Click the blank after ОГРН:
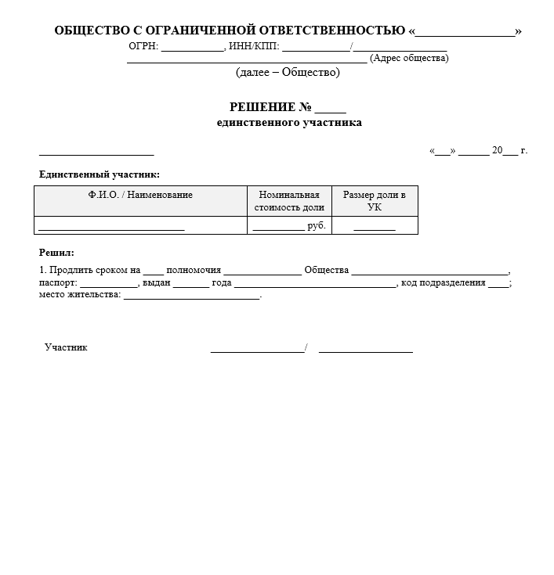click(x=192, y=47)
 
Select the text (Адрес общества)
click(x=409, y=58)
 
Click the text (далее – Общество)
click(x=288, y=73)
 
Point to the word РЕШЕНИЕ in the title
click(x=262, y=107)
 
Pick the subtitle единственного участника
click(x=289, y=123)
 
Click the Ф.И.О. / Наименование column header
click(x=140, y=195)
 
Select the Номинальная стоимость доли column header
click(x=289, y=201)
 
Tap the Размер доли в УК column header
click(x=375, y=201)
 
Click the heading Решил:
click(x=56, y=253)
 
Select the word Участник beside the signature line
click(x=66, y=347)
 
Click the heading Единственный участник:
click(x=100, y=174)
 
